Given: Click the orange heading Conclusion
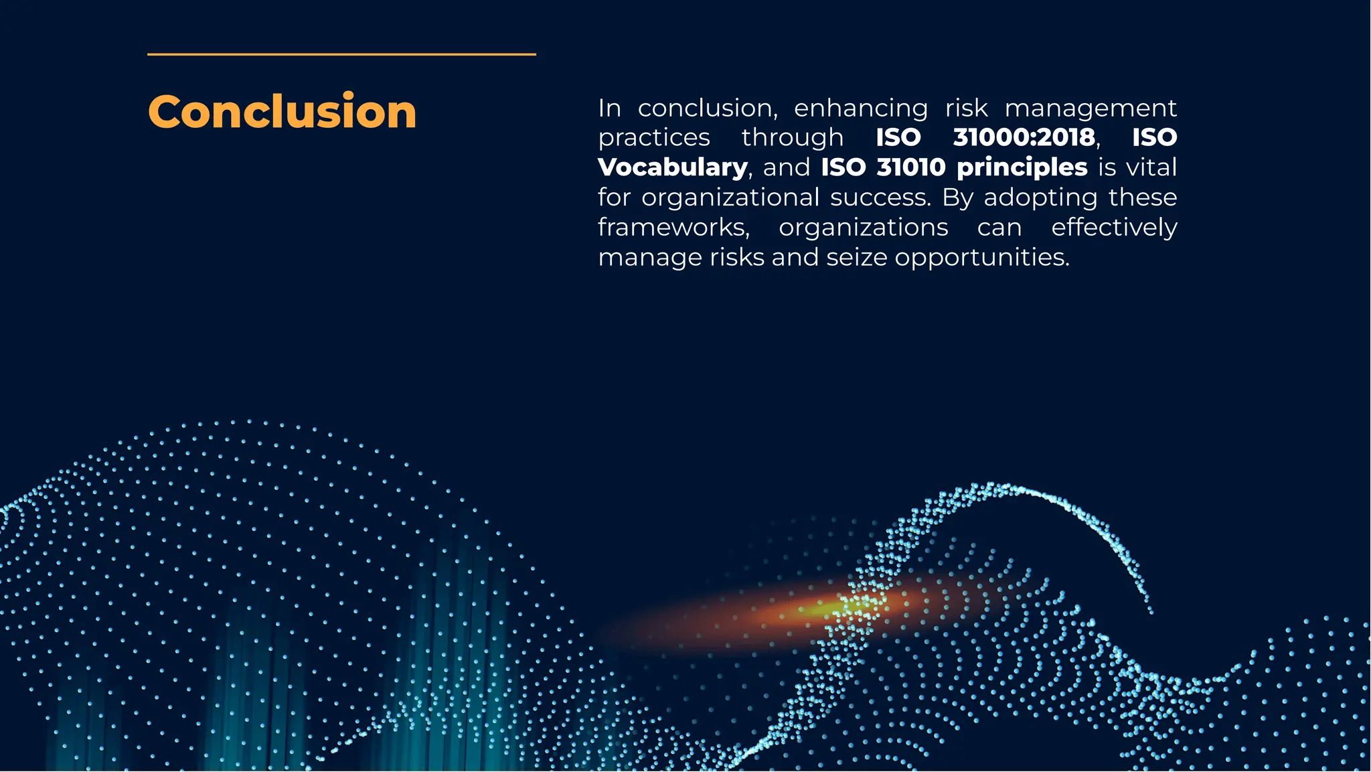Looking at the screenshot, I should point(282,111).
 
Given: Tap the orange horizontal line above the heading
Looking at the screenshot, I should point(341,54).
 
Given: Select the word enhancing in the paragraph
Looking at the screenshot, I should point(861,108).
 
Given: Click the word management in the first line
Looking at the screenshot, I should point(1091,108).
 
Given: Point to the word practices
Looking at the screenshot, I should point(654,138).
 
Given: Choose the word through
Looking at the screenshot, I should point(793,138).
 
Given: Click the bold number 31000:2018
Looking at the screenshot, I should point(1024,137).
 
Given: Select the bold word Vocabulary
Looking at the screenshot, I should point(672,167).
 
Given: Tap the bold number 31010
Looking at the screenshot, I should point(911,167).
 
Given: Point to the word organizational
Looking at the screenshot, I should point(730,198).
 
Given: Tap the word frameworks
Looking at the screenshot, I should point(673,228).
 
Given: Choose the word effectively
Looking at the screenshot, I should point(1114,228).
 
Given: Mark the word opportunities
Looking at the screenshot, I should point(981,258).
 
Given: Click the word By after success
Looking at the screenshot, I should point(957,198).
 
